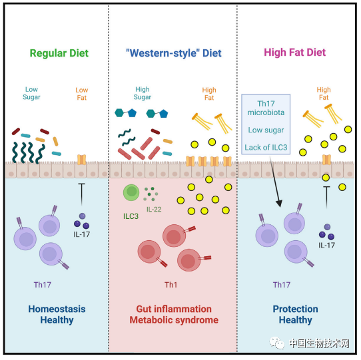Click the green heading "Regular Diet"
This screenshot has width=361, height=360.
pyautogui.click(x=59, y=53)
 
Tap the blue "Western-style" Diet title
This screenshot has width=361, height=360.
pyautogui.click(x=174, y=53)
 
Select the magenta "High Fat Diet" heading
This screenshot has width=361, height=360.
pyautogui.click(x=294, y=53)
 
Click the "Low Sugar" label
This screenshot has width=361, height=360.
pyautogui.click(x=31, y=93)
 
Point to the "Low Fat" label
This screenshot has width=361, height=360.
pyautogui.click(x=82, y=94)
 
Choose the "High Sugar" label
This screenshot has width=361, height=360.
pyautogui.click(x=143, y=93)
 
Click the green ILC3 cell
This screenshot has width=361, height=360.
pyautogui.click(x=131, y=192)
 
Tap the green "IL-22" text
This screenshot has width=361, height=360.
pyautogui.click(x=154, y=210)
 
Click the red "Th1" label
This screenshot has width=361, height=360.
pyautogui.click(x=171, y=285)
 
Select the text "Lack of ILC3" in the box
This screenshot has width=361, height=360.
pyautogui.click(x=266, y=148)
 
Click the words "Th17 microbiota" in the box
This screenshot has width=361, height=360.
pyautogui.click(x=266, y=108)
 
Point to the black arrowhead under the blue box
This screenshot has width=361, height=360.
pyautogui.click(x=279, y=204)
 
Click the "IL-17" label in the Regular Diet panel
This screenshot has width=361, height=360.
pyautogui.click(x=82, y=234)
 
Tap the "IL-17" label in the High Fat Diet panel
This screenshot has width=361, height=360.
pyautogui.click(x=326, y=246)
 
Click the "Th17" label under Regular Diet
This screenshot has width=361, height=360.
pyautogui.click(x=43, y=285)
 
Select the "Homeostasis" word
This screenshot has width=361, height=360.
pyautogui.click(x=57, y=309)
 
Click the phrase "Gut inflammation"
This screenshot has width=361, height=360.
pyautogui.click(x=174, y=309)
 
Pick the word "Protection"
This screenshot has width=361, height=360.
pyautogui.click(x=295, y=309)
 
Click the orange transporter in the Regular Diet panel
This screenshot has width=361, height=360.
pyautogui.click(x=81, y=160)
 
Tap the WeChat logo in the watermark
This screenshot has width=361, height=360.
pyautogui.click(x=277, y=343)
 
